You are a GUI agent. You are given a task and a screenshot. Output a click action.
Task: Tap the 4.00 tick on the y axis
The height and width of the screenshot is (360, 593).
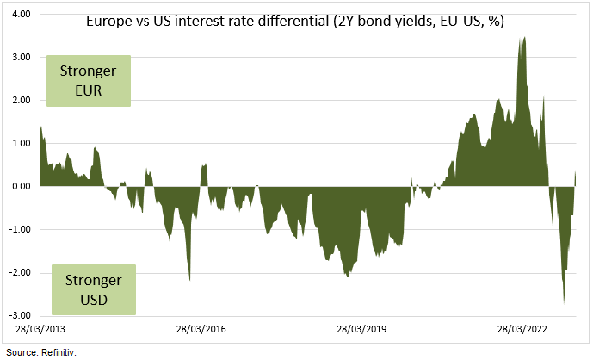[21, 15]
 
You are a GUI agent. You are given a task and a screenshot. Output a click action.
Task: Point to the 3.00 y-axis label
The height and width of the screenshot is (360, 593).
[21, 58]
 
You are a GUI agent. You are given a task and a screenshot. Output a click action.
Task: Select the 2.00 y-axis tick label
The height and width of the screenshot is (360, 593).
[21, 101]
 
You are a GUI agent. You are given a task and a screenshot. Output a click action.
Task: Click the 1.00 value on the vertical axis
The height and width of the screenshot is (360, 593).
[21, 144]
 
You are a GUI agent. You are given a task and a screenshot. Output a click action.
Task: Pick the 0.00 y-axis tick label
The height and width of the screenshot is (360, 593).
[21, 187]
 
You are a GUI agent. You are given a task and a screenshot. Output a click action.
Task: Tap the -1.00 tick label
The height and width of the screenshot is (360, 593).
[19, 230]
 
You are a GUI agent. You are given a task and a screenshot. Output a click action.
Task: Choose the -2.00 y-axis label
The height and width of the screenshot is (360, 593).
[19, 273]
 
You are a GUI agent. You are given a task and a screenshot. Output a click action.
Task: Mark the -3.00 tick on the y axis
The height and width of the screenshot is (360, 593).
[19, 316]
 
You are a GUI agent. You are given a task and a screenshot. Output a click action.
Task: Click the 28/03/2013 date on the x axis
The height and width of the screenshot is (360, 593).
[41, 329]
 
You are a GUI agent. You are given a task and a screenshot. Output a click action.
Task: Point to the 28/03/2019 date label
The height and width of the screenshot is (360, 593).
[362, 329]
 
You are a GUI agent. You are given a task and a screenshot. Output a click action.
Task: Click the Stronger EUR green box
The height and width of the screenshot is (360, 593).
[88, 80]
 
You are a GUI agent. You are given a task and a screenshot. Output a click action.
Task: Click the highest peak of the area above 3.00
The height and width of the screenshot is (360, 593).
[524, 38]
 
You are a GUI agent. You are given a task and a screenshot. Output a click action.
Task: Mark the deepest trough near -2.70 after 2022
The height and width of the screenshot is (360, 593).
[564, 302]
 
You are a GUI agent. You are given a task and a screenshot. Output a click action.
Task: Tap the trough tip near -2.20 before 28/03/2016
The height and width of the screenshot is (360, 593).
[189, 280]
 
